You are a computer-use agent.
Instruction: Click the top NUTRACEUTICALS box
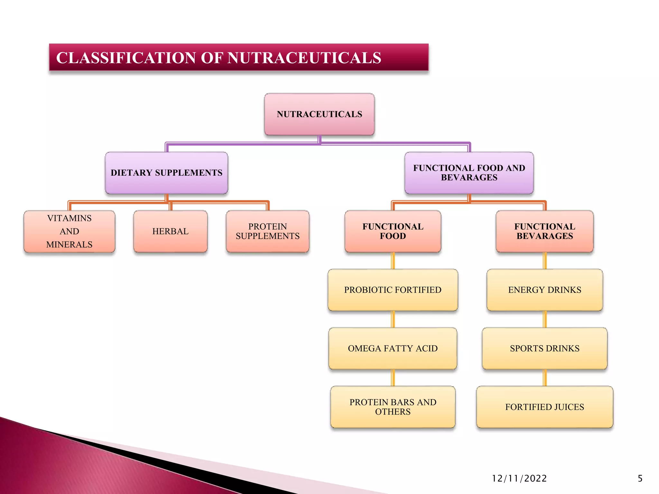pyautogui.click(x=319, y=114)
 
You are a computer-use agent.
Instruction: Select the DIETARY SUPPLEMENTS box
pyautogui.click(x=166, y=173)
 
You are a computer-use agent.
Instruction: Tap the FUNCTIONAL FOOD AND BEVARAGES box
pyautogui.click(x=469, y=173)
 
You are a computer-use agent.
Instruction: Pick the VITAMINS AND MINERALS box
pyautogui.click(x=69, y=231)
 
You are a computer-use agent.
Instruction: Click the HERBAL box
pyautogui.click(x=170, y=231)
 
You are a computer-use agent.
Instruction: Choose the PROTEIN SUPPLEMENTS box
pyautogui.click(x=267, y=231)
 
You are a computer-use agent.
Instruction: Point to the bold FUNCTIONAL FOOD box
pyautogui.click(x=393, y=231)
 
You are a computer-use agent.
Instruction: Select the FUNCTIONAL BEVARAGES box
pyautogui.click(x=544, y=231)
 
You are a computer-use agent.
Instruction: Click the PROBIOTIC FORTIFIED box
pyautogui.click(x=393, y=290)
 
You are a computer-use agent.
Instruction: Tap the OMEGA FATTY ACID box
pyautogui.click(x=393, y=348)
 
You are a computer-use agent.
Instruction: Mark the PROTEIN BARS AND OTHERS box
pyautogui.click(x=393, y=407)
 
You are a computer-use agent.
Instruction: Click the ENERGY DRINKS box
pyautogui.click(x=544, y=290)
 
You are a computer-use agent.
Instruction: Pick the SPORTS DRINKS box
pyautogui.click(x=544, y=348)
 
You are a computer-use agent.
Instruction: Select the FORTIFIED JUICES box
pyautogui.click(x=544, y=407)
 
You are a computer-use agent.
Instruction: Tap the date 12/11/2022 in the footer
pyautogui.click(x=519, y=479)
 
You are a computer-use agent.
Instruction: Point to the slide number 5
pyautogui.click(x=640, y=479)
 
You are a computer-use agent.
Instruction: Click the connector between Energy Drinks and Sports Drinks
pyautogui.click(x=545, y=319)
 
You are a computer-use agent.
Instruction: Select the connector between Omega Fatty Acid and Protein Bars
pyautogui.click(x=393, y=378)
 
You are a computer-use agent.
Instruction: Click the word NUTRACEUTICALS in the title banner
pyautogui.click(x=304, y=58)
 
